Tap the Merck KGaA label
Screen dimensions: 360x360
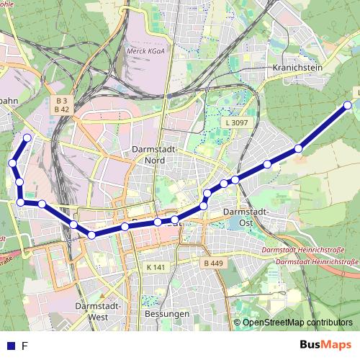(x=142, y=52)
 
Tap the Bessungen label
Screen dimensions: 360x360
(x=166, y=315)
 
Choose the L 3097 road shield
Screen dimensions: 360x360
(x=236, y=124)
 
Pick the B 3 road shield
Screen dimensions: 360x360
(x=61, y=100)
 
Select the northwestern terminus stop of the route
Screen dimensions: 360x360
(x=27, y=138)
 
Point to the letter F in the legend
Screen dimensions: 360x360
(x=25, y=346)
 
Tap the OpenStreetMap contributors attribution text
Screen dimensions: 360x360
(x=297, y=323)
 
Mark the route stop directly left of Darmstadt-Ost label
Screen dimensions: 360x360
(x=204, y=207)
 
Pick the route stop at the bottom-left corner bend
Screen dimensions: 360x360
(x=21, y=202)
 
